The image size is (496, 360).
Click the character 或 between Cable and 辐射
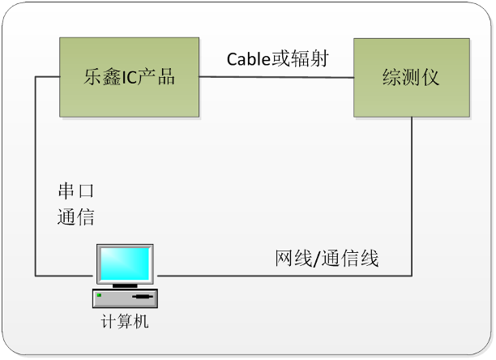284,59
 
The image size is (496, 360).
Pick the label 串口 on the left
76,193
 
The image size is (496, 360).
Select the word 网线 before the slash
291,260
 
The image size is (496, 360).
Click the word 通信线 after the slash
349,260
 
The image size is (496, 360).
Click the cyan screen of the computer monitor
125,262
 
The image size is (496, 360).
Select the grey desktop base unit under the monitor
125,298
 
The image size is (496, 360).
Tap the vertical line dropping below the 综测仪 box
413,195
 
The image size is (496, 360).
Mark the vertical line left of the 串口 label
36,178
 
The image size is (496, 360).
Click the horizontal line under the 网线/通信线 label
284,276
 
